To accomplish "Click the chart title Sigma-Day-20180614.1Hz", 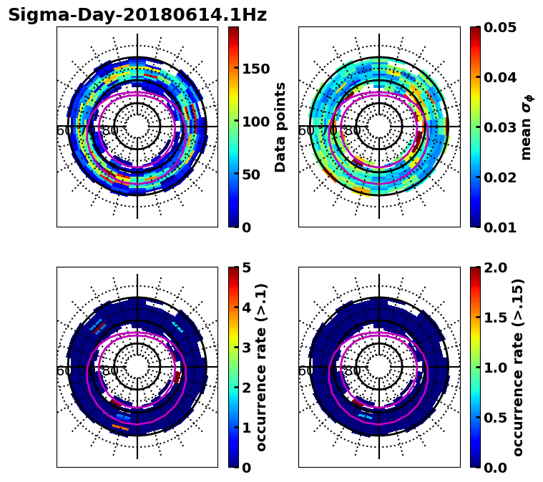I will point(137,15).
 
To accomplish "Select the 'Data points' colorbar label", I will point(280,127).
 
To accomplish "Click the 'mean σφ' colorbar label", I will point(527,127).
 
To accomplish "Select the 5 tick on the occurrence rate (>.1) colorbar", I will point(246,268).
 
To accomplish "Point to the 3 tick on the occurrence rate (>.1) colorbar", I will point(246,348).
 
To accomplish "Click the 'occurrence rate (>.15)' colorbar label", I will point(518,367).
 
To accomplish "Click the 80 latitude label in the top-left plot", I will point(110,131).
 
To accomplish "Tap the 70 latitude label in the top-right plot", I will point(330,131).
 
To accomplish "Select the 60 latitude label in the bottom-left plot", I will point(63,371).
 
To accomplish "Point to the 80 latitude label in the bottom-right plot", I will point(352,371).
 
